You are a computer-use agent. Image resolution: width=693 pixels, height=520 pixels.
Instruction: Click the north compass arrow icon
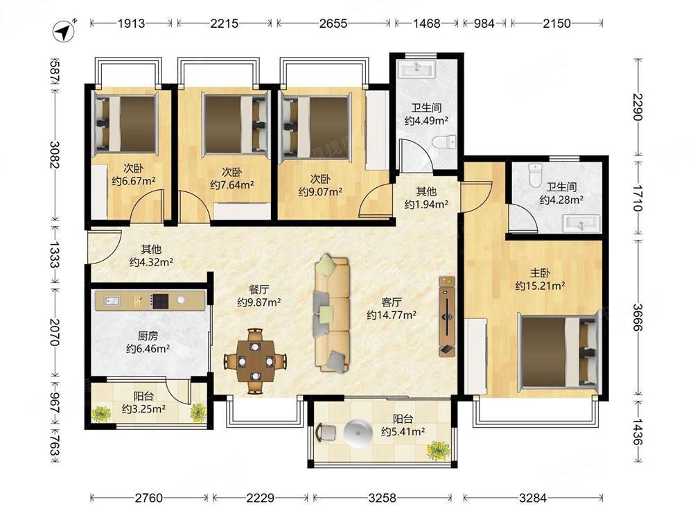click(x=64, y=31)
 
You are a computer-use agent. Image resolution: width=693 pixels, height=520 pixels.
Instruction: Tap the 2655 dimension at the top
click(x=333, y=24)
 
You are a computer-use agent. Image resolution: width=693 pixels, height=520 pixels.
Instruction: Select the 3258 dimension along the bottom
click(x=383, y=498)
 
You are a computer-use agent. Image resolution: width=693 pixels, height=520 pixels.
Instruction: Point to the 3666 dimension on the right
click(x=638, y=317)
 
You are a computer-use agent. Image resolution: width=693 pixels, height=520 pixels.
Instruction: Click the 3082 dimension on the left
click(x=55, y=155)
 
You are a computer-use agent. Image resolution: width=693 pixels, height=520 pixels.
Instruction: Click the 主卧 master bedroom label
click(x=540, y=273)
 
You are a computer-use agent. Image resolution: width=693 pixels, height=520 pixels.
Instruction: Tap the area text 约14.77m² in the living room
click(x=392, y=315)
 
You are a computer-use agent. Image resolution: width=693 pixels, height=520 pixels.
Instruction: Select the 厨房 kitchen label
click(x=148, y=336)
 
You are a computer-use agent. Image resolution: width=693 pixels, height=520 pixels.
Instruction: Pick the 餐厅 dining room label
click(x=259, y=290)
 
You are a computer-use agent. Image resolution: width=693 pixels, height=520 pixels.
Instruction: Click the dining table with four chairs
click(x=255, y=361)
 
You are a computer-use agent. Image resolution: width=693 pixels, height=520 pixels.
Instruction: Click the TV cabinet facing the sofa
click(x=447, y=316)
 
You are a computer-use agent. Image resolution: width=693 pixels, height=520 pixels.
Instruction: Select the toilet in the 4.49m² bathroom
click(x=444, y=142)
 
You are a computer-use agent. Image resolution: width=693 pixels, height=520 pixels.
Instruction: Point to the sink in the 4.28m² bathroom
click(x=581, y=223)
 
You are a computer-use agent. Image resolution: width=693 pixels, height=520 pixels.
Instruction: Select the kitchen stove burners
click(x=159, y=301)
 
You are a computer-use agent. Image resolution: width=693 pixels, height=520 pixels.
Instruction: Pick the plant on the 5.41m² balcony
click(x=438, y=450)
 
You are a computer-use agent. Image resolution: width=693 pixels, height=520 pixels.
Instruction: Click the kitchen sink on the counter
click(x=112, y=301)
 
